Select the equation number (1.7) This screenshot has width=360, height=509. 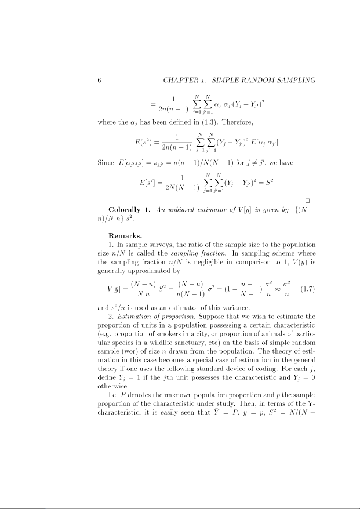[306, 289]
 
